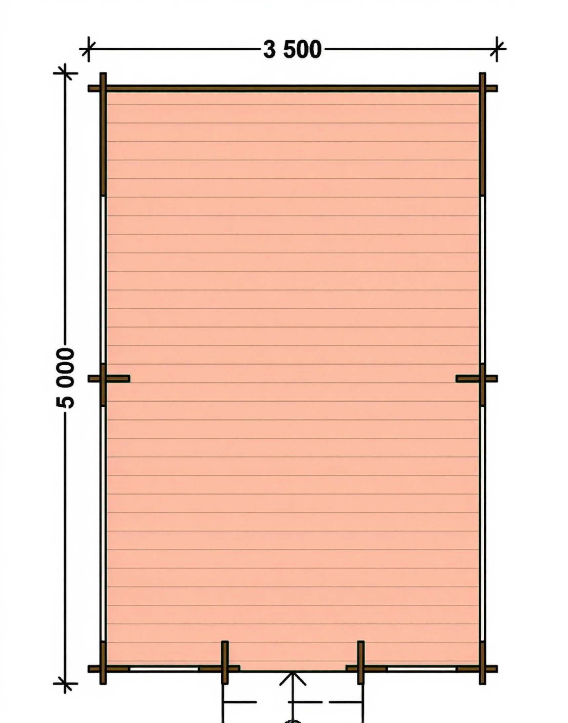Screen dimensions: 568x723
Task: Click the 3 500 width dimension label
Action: [292, 50]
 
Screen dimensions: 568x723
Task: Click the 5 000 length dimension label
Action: [65, 378]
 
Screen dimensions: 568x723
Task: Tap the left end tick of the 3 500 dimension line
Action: [88, 49]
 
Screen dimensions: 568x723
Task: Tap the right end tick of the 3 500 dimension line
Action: [497, 49]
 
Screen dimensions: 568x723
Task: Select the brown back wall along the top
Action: [293, 88]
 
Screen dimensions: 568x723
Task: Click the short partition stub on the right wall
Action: [477, 379]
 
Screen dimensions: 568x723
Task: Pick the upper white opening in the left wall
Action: [103, 279]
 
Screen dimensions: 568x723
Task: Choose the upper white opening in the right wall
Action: [482, 279]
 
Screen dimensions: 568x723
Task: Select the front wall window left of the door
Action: [164, 668]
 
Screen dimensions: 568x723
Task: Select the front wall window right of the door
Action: [422, 668]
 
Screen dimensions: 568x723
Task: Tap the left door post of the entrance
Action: [225, 662]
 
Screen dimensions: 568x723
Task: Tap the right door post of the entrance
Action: [361, 662]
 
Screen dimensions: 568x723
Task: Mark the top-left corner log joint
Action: [103, 88]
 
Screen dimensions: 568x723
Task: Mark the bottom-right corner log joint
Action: [483, 668]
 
